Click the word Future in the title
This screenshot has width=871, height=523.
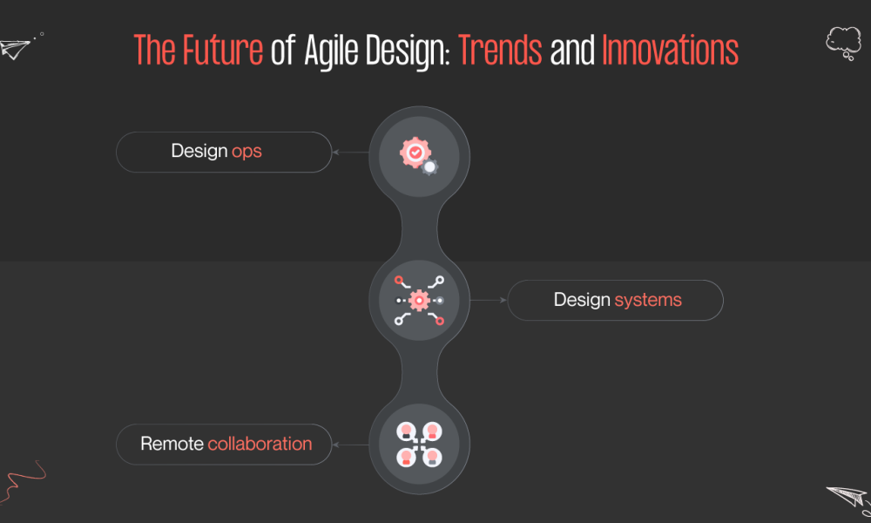point(223,50)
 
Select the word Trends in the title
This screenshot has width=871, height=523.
point(500,50)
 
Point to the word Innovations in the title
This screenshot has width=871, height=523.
point(670,50)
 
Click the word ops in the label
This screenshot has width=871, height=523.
point(246,153)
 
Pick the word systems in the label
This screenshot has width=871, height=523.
point(648,301)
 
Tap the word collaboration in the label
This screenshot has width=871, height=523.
point(260,444)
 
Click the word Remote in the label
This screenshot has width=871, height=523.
point(172,444)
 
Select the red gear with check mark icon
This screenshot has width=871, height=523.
point(415,153)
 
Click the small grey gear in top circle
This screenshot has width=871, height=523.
point(429,167)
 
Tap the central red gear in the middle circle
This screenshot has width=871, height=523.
point(419,300)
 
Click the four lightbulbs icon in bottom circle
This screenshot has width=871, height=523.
point(419,444)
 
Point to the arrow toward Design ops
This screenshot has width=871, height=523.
point(350,153)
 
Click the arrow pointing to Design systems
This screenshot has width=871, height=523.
point(489,300)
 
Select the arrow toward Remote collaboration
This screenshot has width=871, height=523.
point(350,445)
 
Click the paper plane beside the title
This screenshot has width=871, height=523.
point(16,49)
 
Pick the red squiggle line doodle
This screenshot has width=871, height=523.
point(23,481)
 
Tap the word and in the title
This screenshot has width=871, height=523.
point(572,50)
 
